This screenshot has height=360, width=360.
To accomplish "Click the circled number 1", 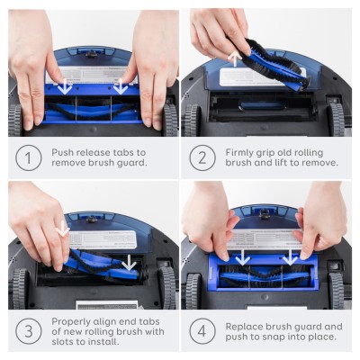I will pos(28,158).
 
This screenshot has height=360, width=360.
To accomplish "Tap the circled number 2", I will pos(202,158).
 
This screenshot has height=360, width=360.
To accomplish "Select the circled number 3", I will pos(28,330).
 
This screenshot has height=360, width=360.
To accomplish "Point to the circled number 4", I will pos(202,330).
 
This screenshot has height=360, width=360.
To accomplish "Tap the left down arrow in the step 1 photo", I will pos(64,87).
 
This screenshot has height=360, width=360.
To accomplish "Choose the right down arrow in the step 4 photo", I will pos(290,258).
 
